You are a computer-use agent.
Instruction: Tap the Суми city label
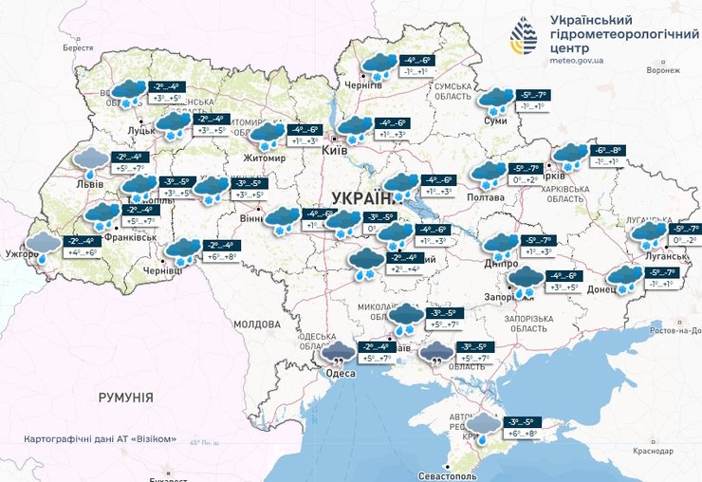[x=494, y=121]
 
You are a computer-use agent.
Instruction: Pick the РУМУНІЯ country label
[x=125, y=398]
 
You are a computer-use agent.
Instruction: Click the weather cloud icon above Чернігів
[x=381, y=65]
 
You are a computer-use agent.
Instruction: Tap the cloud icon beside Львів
[x=91, y=158]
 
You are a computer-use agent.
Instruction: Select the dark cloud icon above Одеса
[x=339, y=354]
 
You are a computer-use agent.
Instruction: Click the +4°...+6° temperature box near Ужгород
[x=83, y=252]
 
